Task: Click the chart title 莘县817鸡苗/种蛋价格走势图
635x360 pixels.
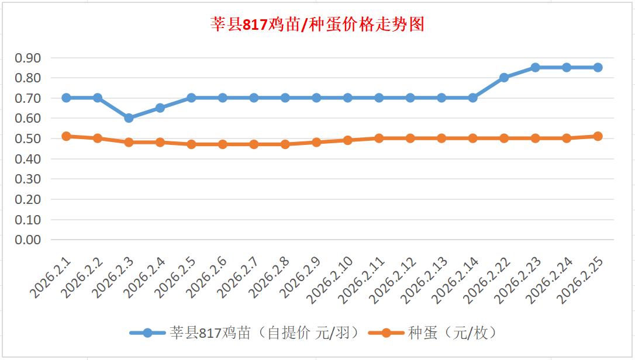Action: pyautogui.click(x=317, y=25)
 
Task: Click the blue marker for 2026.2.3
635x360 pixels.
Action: pyautogui.click(x=129, y=118)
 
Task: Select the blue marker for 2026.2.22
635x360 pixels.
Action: pyautogui.click(x=504, y=78)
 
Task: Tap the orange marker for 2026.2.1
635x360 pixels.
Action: pyautogui.click(x=66, y=136)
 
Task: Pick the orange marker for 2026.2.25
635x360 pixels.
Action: pyautogui.click(x=598, y=136)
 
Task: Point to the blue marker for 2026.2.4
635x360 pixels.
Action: pyautogui.click(x=160, y=108)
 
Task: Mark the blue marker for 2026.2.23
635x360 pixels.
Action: pyautogui.click(x=535, y=68)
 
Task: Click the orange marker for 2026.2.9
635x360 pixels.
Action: pyautogui.click(x=316, y=142)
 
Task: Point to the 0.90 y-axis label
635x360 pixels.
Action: pyautogui.click(x=28, y=58)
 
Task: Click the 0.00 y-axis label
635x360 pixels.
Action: pyautogui.click(x=28, y=240)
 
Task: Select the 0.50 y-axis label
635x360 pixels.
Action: pyautogui.click(x=28, y=139)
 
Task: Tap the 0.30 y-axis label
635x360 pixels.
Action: pyautogui.click(x=28, y=179)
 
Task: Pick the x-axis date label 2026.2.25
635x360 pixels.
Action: pyautogui.click(x=581, y=279)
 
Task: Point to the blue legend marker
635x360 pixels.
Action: pyautogui.click(x=147, y=333)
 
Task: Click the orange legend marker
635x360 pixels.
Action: pyautogui.click(x=386, y=333)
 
